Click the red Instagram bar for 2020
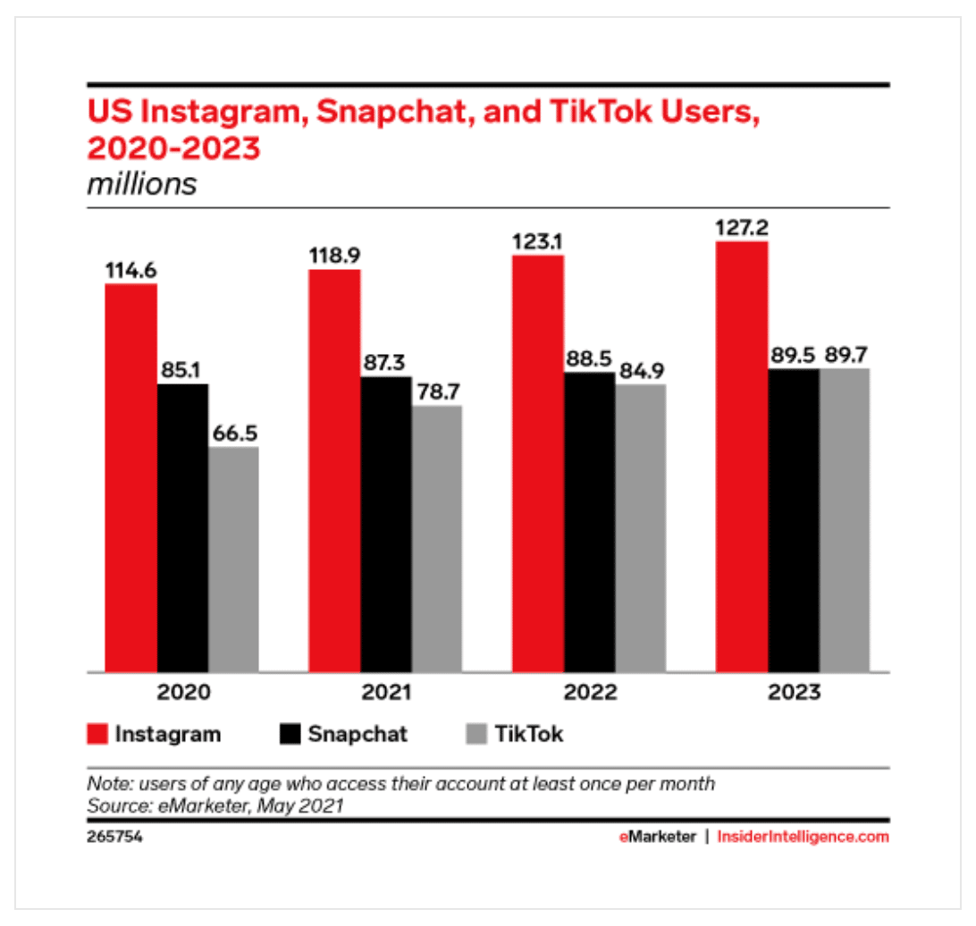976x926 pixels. point(131,477)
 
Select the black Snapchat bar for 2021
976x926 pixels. point(386,524)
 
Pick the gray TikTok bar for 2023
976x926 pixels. point(844,519)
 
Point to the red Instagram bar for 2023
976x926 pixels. point(742,456)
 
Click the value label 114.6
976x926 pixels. point(131,269)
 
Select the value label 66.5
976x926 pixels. point(234,432)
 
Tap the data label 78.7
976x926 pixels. point(437,391)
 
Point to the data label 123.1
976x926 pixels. point(538,240)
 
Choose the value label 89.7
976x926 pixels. point(844,353)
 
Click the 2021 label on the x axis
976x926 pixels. point(386,693)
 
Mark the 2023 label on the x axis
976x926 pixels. point(793,693)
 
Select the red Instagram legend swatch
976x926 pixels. point(97,735)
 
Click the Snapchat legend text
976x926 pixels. point(358,735)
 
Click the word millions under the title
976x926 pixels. point(141,184)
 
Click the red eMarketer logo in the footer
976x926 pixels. point(657,838)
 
